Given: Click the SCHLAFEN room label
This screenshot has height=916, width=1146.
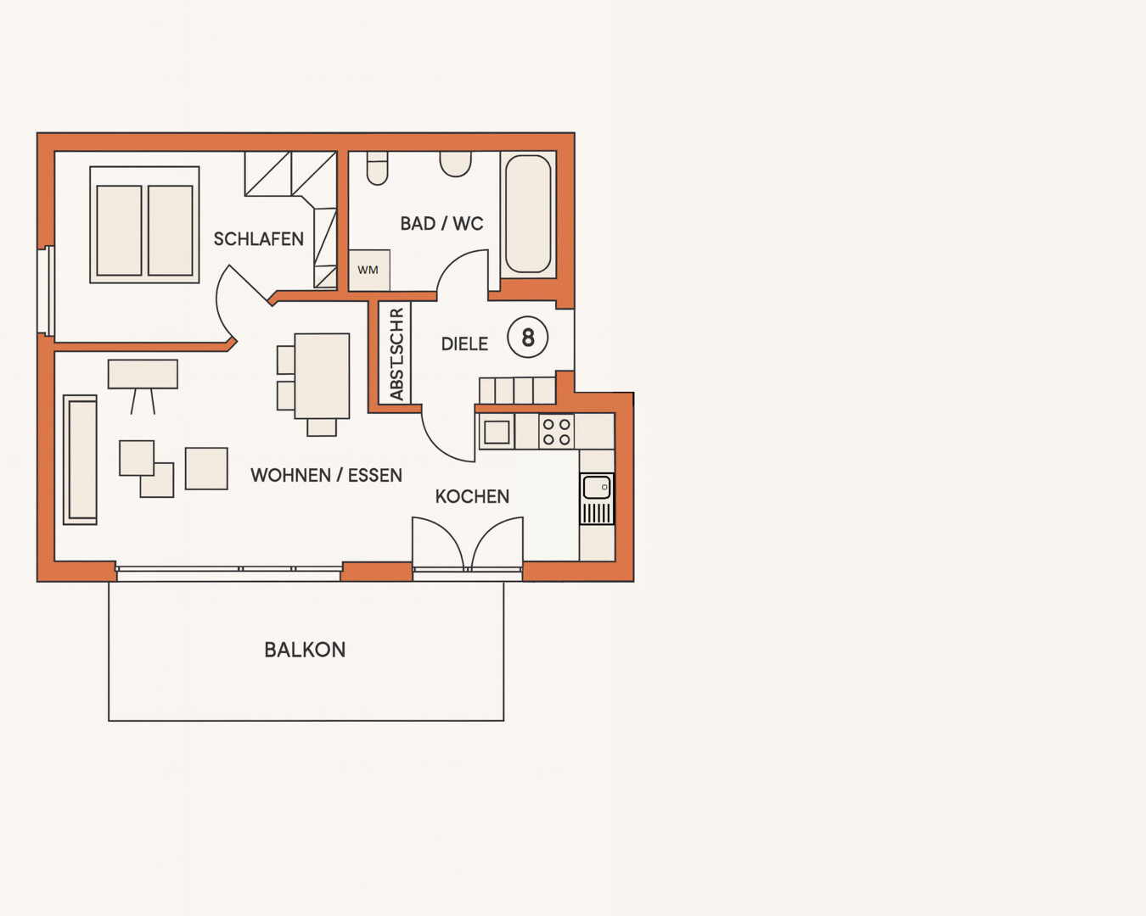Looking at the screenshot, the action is tap(258, 239).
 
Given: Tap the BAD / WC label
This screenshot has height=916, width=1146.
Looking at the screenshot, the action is tap(441, 224).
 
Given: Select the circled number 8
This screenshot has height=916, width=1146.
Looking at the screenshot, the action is tap(528, 338).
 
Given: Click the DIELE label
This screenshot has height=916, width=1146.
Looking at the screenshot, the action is tap(464, 343).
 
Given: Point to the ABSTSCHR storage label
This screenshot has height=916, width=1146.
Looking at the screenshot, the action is tap(396, 354).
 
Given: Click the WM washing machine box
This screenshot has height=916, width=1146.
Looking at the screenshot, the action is tap(369, 271).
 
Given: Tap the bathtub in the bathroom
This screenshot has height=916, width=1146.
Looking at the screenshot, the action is tap(528, 215).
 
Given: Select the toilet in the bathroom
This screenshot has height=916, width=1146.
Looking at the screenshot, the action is tap(378, 168).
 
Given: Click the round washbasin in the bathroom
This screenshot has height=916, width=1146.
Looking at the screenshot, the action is tap(455, 164).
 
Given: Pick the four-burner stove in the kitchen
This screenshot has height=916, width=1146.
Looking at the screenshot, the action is tap(557, 432).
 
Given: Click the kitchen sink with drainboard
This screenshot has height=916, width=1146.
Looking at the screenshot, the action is tap(597, 499).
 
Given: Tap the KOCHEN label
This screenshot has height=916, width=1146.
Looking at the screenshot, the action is tap(472, 496).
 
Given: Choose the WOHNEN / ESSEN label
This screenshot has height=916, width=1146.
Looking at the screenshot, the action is tap(327, 475).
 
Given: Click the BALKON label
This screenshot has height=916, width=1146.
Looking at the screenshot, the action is tap(305, 650).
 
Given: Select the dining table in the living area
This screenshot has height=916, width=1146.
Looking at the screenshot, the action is tap(323, 376).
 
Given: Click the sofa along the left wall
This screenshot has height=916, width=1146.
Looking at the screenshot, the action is tap(80, 460).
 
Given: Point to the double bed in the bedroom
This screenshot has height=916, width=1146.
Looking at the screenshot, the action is tap(144, 225).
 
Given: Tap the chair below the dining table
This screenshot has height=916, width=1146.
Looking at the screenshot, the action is tap(322, 427).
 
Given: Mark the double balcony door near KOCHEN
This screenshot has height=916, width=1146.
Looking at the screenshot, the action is tap(468, 543).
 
